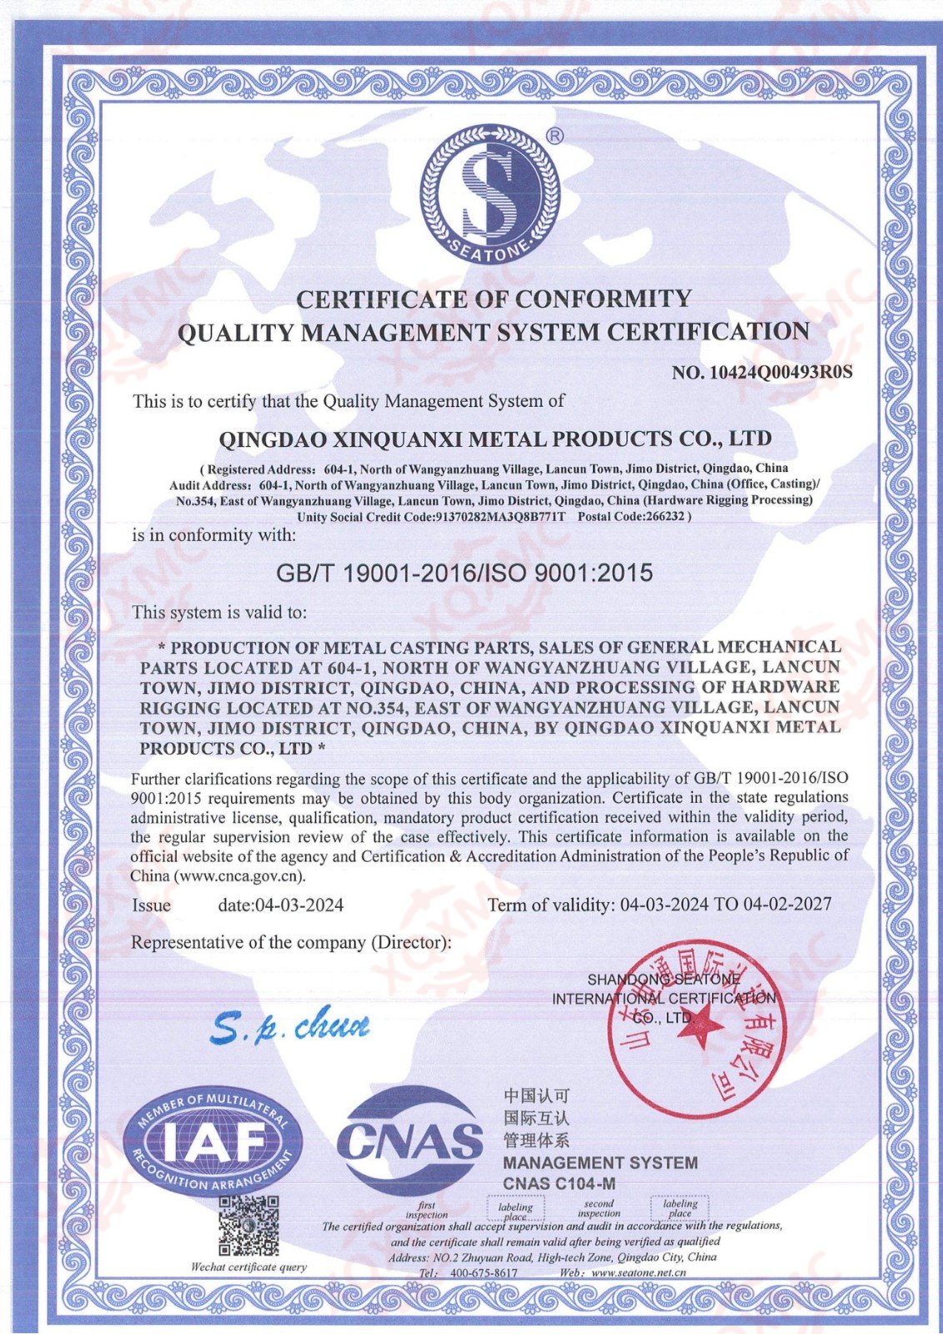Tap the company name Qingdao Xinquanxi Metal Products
[494, 439]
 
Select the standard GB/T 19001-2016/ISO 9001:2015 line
[464, 574]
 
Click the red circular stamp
[699, 1032]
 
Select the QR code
[248, 1226]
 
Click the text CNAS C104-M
[559, 1183]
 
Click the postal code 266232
[665, 516]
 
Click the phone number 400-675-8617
[484, 1273]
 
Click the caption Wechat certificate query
[248, 1267]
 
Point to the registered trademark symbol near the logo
[554, 136]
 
